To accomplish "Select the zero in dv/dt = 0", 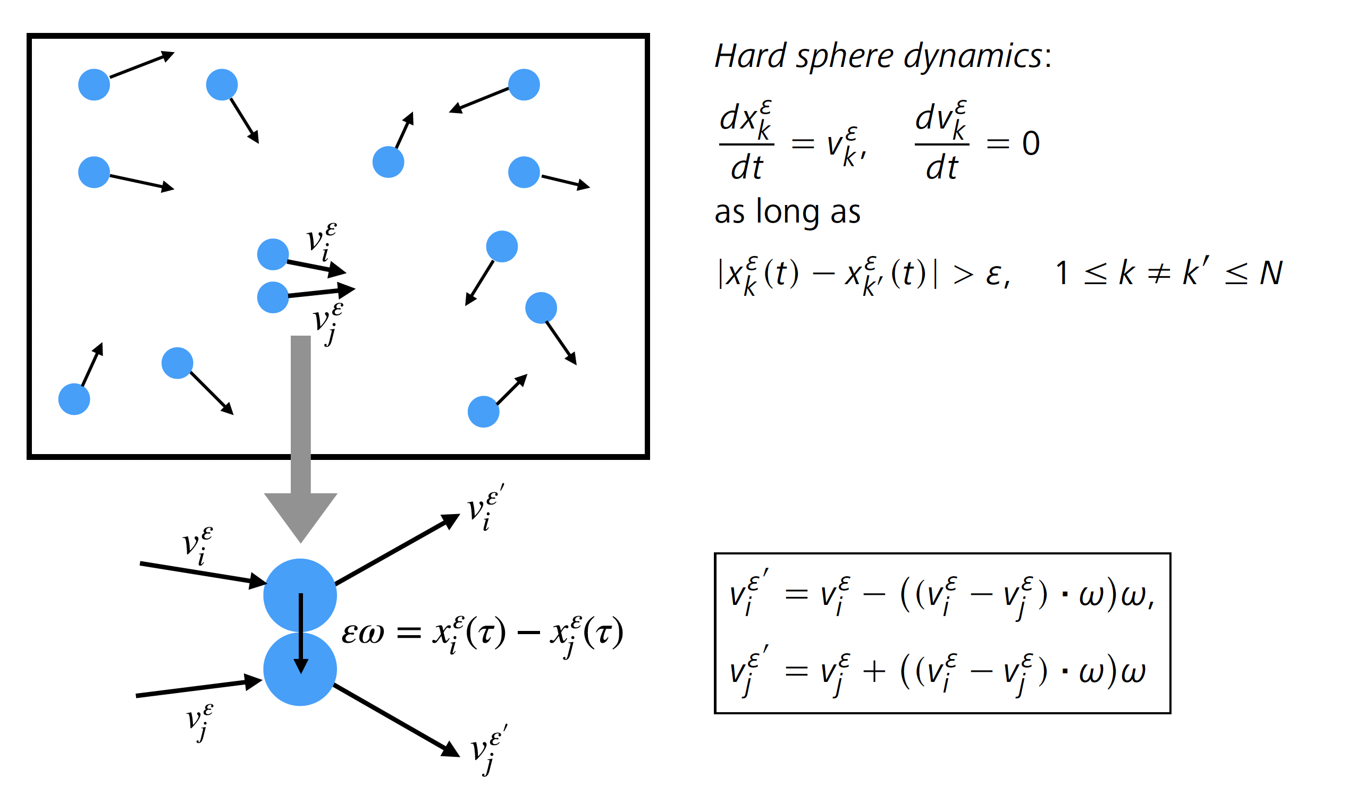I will click(x=1031, y=144).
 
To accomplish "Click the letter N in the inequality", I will click(x=1270, y=274).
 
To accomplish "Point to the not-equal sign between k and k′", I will click(x=1159, y=274).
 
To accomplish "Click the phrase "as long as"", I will click(x=787, y=211).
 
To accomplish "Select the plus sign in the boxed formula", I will click(x=874, y=671).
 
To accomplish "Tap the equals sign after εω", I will click(x=409, y=632).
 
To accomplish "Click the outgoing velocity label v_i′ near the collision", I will click(x=486, y=509).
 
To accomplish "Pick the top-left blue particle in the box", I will click(x=94, y=85).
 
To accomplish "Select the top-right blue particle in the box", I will click(x=524, y=85).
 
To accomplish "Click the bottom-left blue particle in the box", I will click(x=74, y=399).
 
